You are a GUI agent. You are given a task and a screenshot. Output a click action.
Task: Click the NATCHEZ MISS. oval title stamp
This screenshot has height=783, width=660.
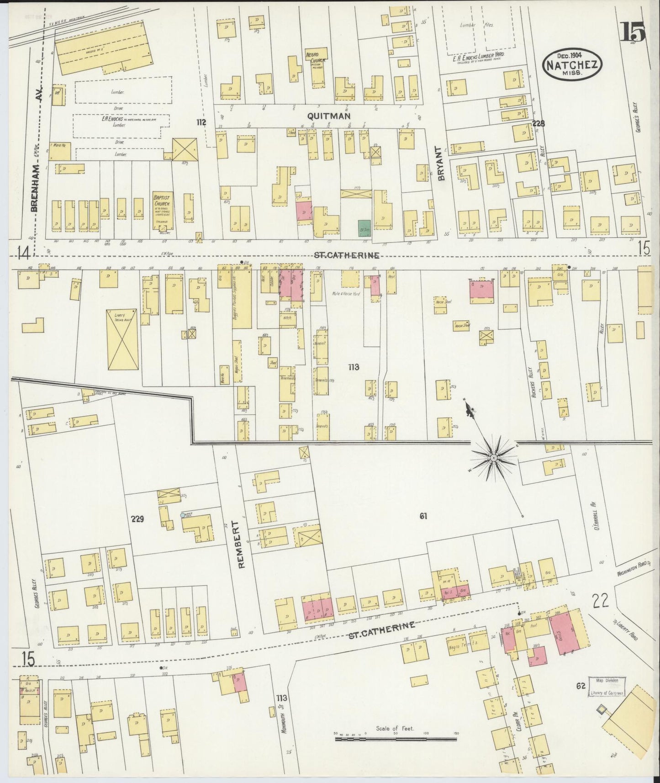coord(572,66)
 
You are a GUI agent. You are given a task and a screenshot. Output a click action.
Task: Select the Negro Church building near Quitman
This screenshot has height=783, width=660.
coord(314,69)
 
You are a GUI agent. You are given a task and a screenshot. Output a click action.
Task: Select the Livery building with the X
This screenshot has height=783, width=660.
coord(122,339)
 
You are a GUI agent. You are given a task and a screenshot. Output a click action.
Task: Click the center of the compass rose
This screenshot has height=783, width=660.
coord(494,456)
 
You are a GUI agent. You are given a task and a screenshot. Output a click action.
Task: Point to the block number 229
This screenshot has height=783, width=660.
coord(137,518)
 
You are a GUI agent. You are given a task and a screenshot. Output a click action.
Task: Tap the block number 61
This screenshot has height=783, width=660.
coord(423,516)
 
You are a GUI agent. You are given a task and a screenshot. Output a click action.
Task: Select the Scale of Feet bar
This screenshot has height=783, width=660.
coord(396,737)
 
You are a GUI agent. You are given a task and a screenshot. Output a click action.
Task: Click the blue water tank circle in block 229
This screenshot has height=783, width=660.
coord(183,515)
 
